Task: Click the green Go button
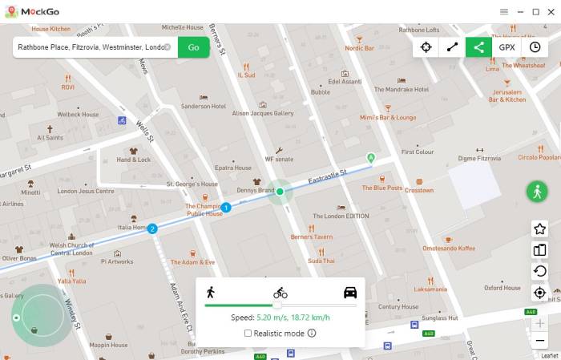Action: pos(193,47)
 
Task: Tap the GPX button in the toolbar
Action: pos(507,47)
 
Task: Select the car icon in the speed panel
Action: pos(350,292)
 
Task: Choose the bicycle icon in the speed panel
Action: pos(280,293)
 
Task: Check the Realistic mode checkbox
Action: pos(248,333)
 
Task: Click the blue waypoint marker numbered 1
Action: pos(226,208)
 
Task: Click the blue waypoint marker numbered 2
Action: pos(152,229)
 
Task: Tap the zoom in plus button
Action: pos(540,323)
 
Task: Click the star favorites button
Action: pos(540,229)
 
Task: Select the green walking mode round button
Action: pos(537,192)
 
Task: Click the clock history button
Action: pos(535,47)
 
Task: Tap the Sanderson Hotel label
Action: pos(203,106)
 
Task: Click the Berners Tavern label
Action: pos(311,237)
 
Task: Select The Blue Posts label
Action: pos(381,188)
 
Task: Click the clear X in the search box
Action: pos(167,47)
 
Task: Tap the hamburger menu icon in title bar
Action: pos(504,12)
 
